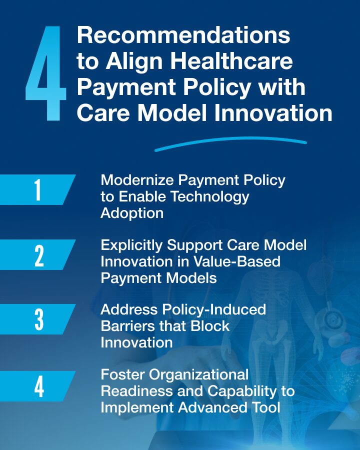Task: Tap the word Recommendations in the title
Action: point(183,35)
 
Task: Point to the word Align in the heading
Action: point(134,61)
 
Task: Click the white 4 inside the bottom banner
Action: point(39,386)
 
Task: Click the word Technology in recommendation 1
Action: point(210,197)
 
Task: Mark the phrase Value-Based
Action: point(236,261)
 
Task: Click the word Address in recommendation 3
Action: point(129,310)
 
